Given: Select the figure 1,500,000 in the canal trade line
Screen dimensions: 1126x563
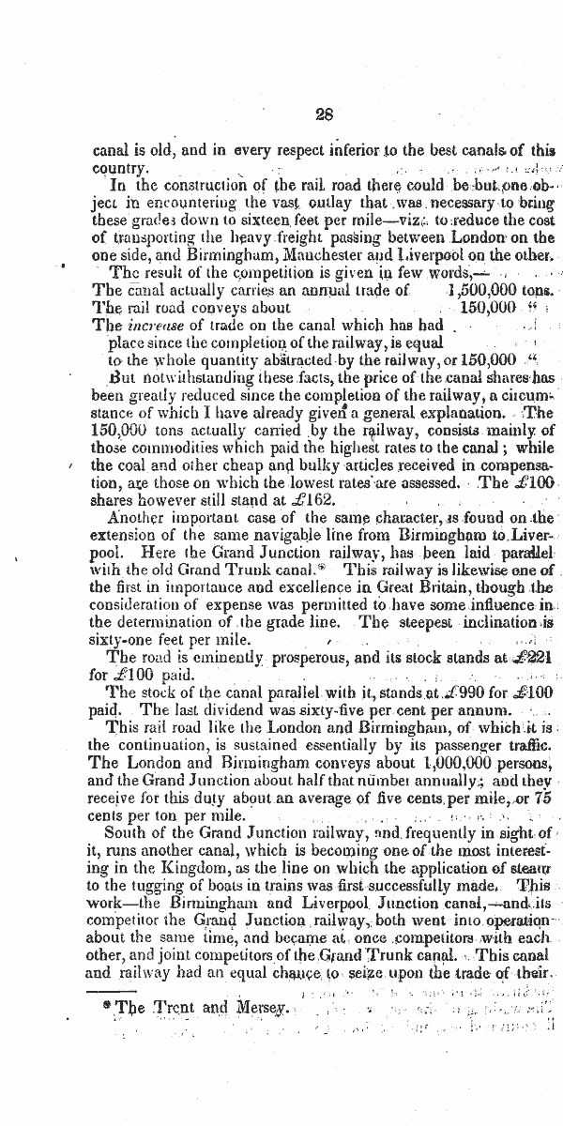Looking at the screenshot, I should point(487,290).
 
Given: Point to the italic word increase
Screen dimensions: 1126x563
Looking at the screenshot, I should point(150,326).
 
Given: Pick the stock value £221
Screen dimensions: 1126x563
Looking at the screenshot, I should point(530,658).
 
